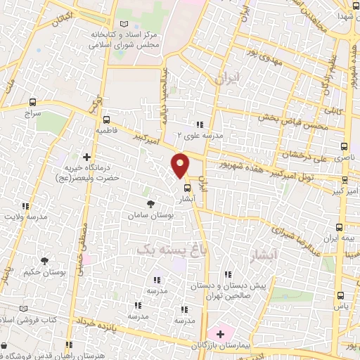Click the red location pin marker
(x=181, y=165)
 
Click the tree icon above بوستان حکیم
(x=45, y=260)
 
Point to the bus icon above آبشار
(x=186, y=188)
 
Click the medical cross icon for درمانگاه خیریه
(x=87, y=157)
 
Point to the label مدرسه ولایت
(x=27, y=217)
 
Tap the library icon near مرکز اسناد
(x=126, y=23)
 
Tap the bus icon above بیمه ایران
(x=340, y=227)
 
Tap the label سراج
(x=33, y=112)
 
